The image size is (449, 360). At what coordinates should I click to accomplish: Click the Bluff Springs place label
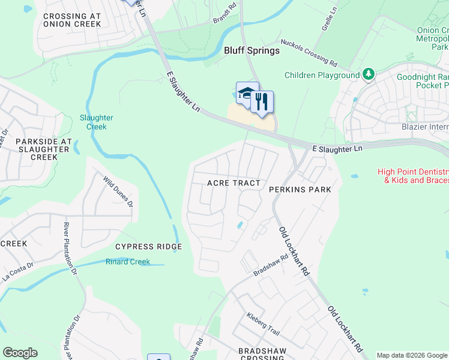point(252,50)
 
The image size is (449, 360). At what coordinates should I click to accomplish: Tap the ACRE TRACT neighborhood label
point(234,183)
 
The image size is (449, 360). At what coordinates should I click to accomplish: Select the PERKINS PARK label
point(300,190)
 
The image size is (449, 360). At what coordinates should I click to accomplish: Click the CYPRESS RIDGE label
point(149,247)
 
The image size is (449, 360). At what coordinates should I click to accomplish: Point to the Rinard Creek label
point(128,262)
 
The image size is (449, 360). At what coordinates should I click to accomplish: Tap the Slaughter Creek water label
point(93,122)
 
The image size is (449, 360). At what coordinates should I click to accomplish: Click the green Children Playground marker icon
point(369,75)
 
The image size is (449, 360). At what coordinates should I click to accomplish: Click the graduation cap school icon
point(246,93)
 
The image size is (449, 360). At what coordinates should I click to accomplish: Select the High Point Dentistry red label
point(413,176)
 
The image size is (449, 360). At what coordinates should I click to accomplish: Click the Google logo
point(20,353)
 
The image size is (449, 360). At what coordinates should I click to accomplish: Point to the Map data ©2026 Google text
point(412,355)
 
